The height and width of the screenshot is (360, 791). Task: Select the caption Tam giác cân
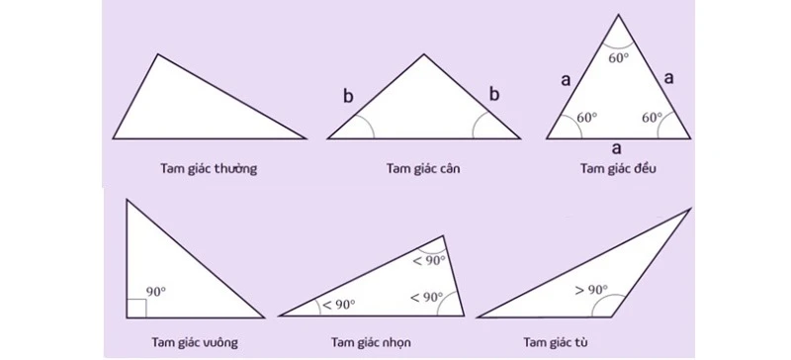coord(423,168)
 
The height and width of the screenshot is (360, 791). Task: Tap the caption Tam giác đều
coord(619,168)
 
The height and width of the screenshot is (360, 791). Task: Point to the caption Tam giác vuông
coord(195,343)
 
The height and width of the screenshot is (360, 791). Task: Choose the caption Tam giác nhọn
coord(372,343)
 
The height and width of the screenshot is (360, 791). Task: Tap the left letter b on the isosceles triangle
coord(347,96)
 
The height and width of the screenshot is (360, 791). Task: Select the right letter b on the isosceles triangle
coord(495,94)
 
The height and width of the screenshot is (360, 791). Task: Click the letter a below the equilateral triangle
coord(617,148)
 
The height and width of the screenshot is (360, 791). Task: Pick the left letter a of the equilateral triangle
coord(566,80)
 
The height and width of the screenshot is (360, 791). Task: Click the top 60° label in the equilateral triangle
coord(620,56)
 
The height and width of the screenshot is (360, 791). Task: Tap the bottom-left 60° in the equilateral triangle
coord(586,118)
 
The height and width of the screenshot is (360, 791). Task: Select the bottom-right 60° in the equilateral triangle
coord(652,118)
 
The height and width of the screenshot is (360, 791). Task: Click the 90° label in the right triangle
coord(156,292)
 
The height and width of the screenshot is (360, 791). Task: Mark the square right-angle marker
coord(136,308)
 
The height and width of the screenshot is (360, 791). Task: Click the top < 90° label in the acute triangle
coord(428,260)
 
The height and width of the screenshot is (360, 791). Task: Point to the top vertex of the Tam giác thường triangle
coord(156,54)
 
